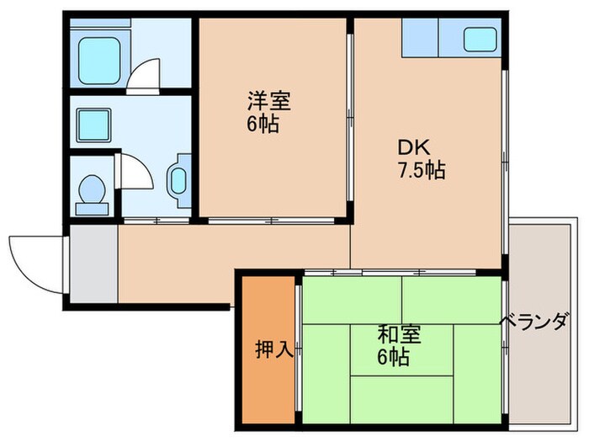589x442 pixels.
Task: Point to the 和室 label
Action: point(394,334)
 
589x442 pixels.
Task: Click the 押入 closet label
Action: point(274,350)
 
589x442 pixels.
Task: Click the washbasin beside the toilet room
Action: point(180,178)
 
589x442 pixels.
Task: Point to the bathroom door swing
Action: point(148,72)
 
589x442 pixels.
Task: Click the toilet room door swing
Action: point(135,173)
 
